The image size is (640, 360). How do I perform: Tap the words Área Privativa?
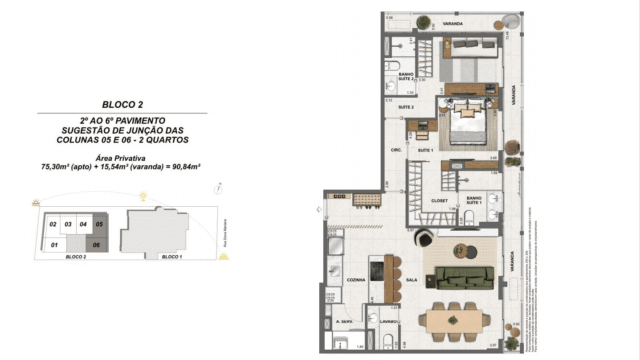tap(121, 158)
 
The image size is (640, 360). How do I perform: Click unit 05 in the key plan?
tap(99, 225)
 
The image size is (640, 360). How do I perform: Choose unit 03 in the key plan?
tap(68, 225)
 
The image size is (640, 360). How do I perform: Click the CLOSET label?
tap(438, 200)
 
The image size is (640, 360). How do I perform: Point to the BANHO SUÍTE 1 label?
tap(474, 202)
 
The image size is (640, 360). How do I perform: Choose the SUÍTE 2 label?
tap(407, 106)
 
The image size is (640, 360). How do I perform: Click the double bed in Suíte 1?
tap(466, 127)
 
